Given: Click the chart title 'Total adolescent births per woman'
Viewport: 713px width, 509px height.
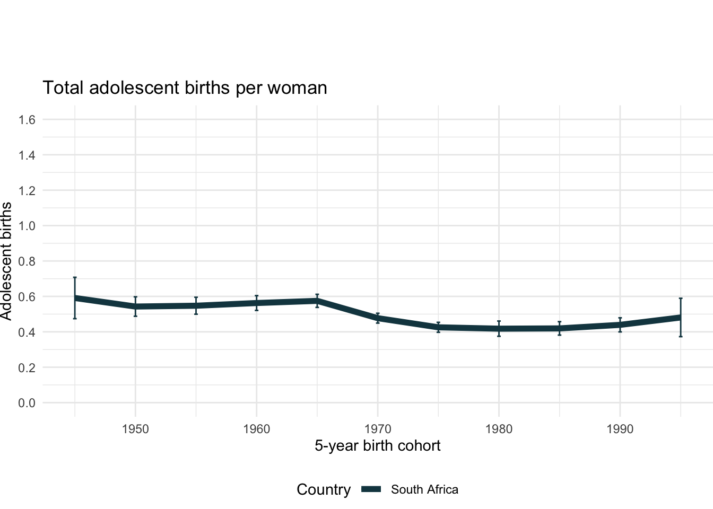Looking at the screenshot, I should pos(185,87).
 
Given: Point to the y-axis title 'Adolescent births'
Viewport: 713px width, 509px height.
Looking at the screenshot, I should pos(6,261).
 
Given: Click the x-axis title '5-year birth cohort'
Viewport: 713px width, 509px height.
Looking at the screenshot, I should pos(377,445).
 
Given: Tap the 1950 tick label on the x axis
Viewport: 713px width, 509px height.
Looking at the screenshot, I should pos(135,429).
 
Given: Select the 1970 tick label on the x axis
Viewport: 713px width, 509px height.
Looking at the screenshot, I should pos(377,429).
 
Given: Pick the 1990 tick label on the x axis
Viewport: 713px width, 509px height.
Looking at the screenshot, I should pos(620,429).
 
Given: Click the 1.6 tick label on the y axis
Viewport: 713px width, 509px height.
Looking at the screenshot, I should pos(27,120).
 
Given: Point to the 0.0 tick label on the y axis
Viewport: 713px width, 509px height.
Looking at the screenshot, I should pos(27,403).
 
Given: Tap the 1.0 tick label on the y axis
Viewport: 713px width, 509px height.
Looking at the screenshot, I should pos(27,226).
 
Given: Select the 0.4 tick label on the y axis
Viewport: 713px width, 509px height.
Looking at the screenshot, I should pos(27,332).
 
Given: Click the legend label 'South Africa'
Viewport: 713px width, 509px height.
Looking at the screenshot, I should pos(424,489).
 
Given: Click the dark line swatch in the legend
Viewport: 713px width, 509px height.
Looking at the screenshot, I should pos(371,489).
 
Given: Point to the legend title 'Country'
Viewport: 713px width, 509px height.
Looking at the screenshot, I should pos(324,489).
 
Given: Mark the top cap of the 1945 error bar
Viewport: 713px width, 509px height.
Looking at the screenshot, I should pos(75,277).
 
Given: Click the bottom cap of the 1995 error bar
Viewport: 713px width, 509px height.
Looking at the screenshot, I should pos(680,336).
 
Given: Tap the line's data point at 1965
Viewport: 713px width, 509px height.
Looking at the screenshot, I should pos(317,301).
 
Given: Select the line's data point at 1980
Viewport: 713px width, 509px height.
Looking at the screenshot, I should pos(499,329).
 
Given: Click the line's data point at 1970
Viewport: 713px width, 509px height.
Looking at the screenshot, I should pos(377,318).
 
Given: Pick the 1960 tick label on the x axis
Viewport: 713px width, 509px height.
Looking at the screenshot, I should pos(256,429).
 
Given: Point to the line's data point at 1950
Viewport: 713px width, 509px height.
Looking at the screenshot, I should pos(135,306).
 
